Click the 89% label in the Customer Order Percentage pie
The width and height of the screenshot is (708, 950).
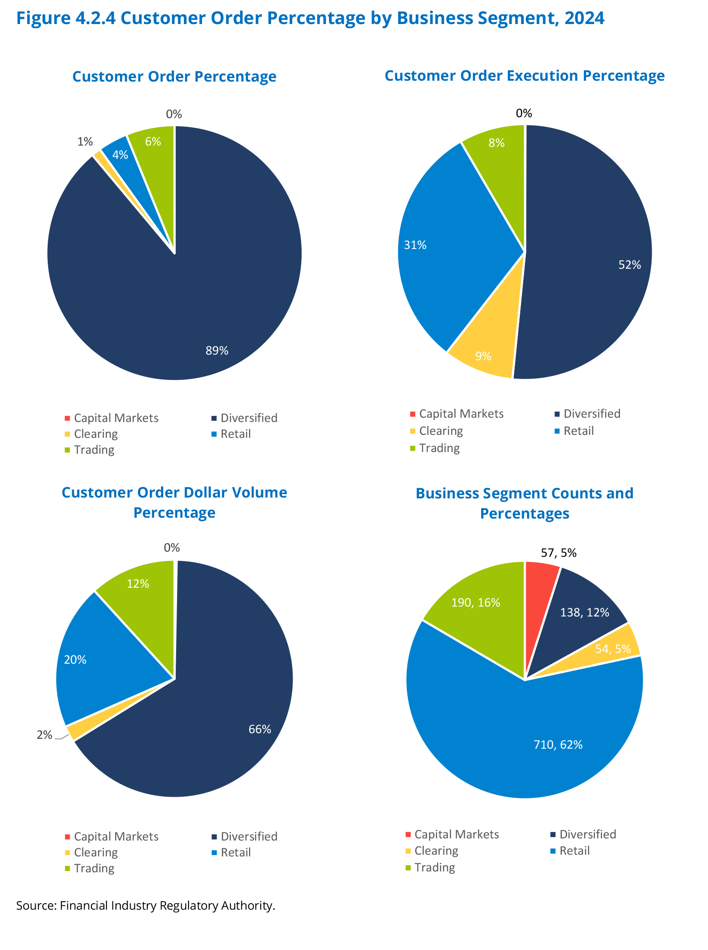pyautogui.click(x=217, y=351)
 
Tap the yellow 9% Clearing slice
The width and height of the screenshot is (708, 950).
pyautogui.click(x=485, y=352)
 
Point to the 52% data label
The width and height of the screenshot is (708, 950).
pyautogui.click(x=629, y=265)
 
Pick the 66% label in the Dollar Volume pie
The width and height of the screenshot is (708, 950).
pyautogui.click(x=260, y=729)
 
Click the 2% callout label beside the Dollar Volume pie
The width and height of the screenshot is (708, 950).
pyautogui.click(x=44, y=735)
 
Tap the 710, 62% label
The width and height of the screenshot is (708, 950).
pyautogui.click(x=558, y=745)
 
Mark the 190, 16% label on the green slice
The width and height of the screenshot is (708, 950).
pyautogui.click(x=476, y=603)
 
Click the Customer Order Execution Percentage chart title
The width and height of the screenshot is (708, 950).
pyautogui.click(x=525, y=76)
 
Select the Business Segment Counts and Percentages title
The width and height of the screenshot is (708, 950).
pyautogui.click(x=525, y=503)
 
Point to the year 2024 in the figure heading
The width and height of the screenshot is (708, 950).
pyautogui.click(x=584, y=18)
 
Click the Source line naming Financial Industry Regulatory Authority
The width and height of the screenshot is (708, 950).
pyautogui.click(x=146, y=905)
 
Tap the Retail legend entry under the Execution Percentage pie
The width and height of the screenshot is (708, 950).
pyautogui.click(x=578, y=431)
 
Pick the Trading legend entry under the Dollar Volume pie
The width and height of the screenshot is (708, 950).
pyautogui.click(x=94, y=868)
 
